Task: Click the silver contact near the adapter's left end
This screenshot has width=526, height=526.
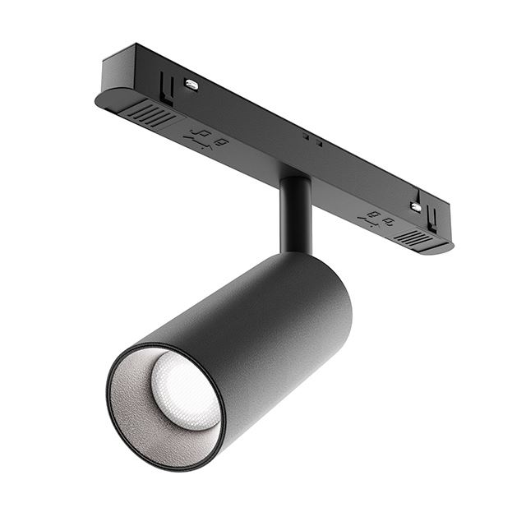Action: click(191, 83)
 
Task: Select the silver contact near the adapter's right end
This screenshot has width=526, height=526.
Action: click(416, 206)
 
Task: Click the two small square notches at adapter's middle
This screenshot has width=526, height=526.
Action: click(310, 137)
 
